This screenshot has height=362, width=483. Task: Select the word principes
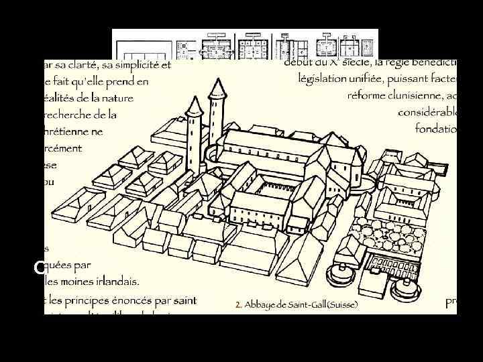pyautogui.click(x=96, y=299)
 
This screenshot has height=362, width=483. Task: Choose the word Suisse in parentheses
pyautogui.click(x=343, y=304)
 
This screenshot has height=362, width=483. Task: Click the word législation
pyautogui.click(x=323, y=78)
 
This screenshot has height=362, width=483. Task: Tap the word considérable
pyautogui.click(x=427, y=112)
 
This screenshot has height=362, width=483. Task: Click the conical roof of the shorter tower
pyautogui.click(x=193, y=105)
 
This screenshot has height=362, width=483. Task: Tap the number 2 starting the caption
pyautogui.click(x=238, y=304)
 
